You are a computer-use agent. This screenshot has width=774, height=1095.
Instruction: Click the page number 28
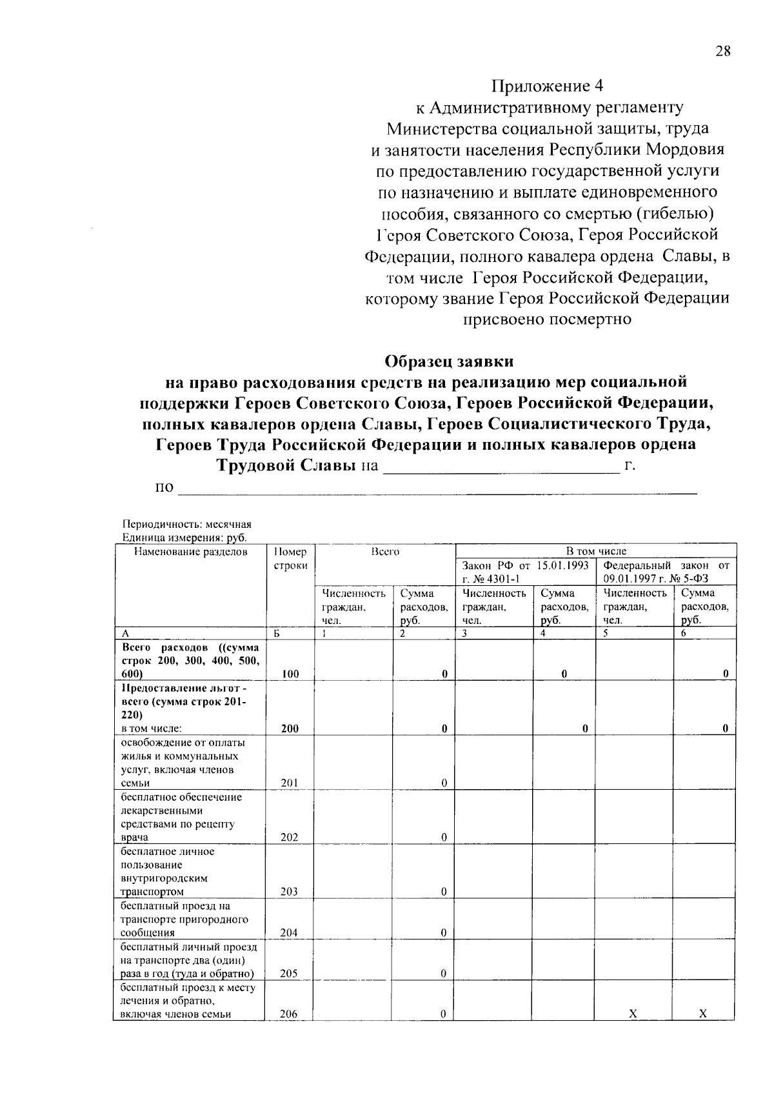click(x=722, y=52)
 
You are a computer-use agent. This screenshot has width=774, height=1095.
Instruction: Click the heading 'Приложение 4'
click(x=548, y=86)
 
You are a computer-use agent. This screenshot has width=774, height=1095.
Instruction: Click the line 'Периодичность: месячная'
click(x=186, y=524)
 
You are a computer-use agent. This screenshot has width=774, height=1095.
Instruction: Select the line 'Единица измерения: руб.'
click(x=184, y=537)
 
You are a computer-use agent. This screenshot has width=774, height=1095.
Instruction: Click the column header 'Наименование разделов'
click(x=191, y=552)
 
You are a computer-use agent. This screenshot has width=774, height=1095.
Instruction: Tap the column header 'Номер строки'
click(x=290, y=558)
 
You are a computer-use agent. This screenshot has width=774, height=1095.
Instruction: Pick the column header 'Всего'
click(x=385, y=552)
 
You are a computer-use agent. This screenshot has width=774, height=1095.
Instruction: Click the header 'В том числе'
click(x=595, y=551)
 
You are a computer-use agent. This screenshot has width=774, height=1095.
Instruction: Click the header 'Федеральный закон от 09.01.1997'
click(x=666, y=572)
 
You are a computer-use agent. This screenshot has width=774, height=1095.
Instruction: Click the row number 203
click(x=289, y=892)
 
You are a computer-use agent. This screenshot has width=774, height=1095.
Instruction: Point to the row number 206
click(x=289, y=1014)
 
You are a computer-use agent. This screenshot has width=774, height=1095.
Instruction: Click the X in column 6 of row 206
click(x=702, y=1014)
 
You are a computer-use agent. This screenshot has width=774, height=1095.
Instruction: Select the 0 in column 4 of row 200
click(x=584, y=728)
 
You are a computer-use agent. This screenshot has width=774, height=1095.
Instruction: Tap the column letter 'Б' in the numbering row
click(x=276, y=634)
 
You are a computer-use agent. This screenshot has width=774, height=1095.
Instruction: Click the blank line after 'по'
click(x=437, y=488)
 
